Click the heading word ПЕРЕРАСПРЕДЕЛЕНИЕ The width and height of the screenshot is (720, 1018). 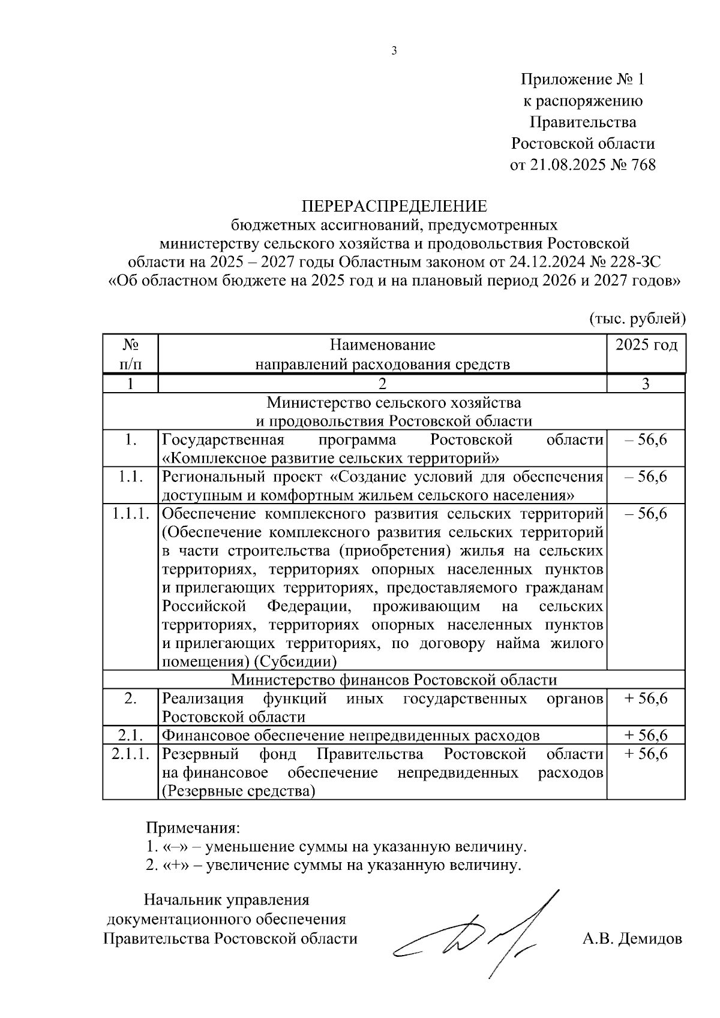pos(394,207)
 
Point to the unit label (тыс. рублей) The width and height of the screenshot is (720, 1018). pos(637,318)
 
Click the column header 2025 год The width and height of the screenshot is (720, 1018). pos(646,346)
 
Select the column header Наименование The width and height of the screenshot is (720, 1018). pos(382,345)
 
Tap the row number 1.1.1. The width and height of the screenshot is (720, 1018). pos(130,514)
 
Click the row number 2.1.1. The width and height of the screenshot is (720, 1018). pos(130,754)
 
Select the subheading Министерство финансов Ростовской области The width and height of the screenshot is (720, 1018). pos(394,680)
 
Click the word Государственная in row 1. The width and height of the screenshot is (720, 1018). pos(223,440)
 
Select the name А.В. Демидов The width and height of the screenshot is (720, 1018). pos(632,939)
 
